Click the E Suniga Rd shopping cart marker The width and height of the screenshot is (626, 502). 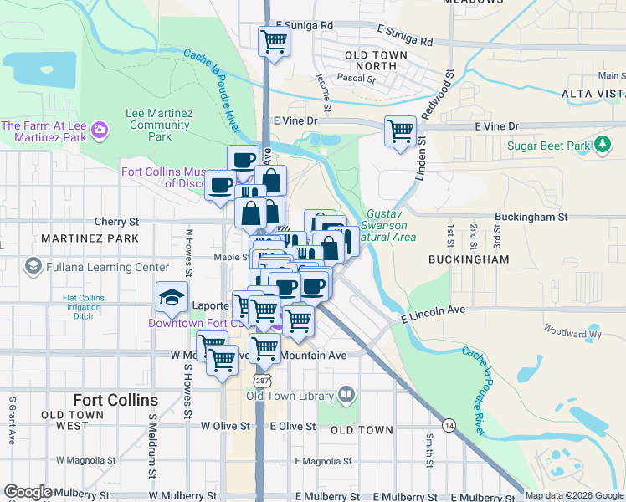coord(274,40)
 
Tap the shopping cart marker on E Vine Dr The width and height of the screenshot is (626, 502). coord(401,131)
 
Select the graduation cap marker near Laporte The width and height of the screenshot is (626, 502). coord(172,297)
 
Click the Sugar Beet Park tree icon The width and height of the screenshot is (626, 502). coord(602,146)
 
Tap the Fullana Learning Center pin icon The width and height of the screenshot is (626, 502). coord(33,267)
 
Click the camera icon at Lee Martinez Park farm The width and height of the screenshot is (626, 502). coord(100,130)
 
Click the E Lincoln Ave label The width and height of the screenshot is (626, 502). coord(433,314)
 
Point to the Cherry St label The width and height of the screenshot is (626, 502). coord(116,222)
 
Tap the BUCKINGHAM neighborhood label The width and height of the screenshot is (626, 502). coord(469,259)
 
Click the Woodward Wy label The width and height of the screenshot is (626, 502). coord(572,333)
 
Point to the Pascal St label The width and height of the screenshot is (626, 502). coord(357,79)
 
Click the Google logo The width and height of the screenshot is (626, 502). coord(28,492)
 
